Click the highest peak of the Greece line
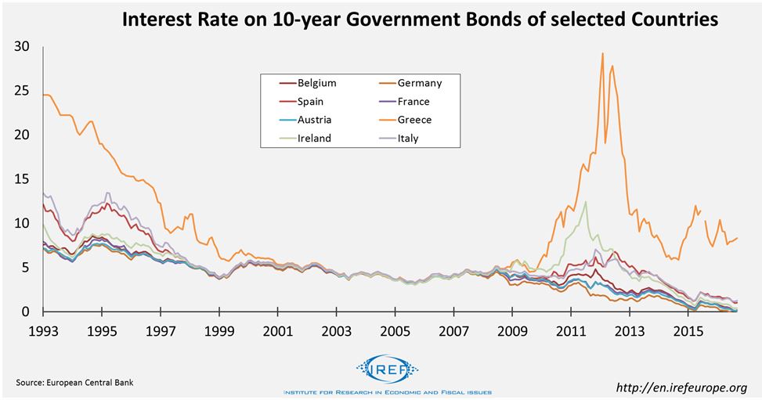coord(602,53)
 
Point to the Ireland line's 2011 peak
coord(585,202)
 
